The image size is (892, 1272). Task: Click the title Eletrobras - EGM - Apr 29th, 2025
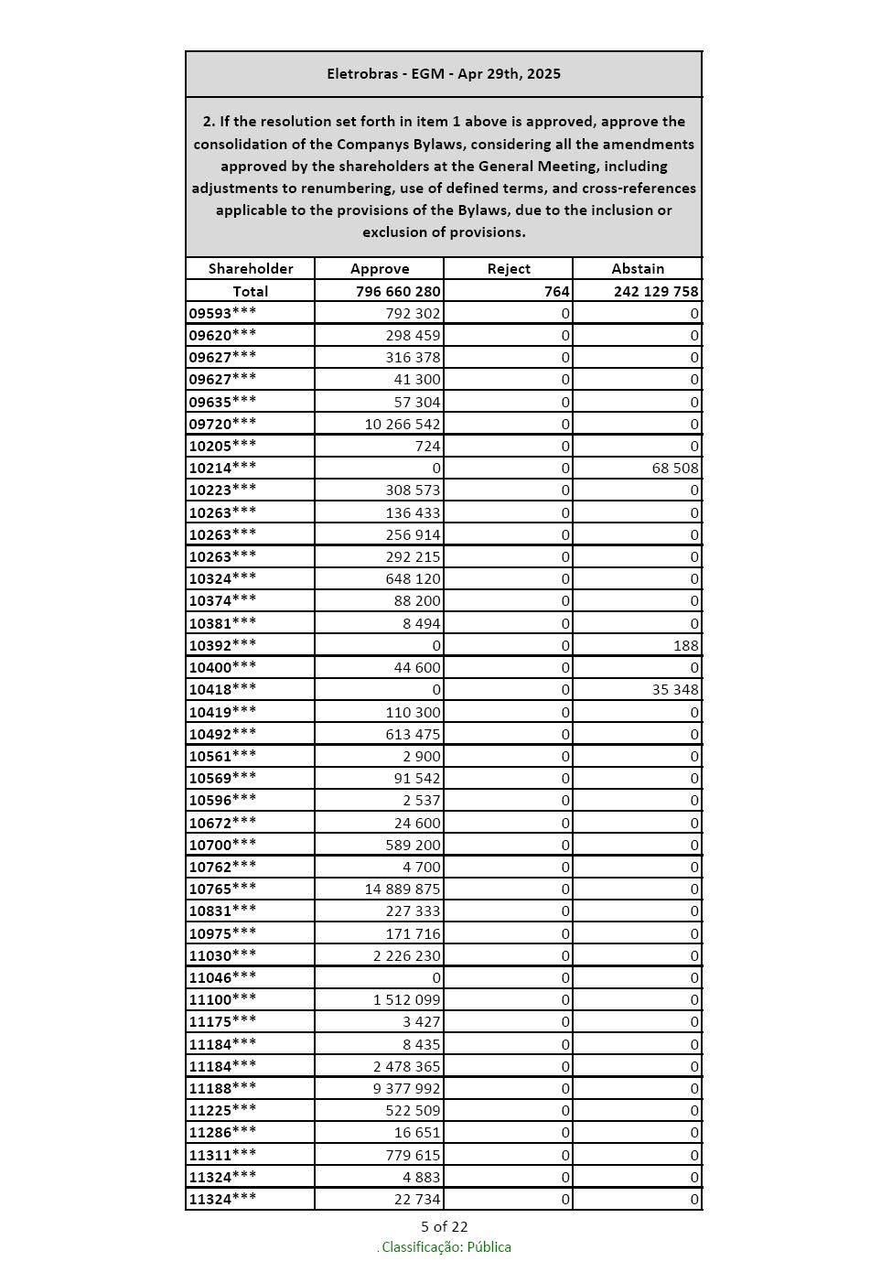[x=444, y=74]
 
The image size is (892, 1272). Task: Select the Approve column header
[x=380, y=268]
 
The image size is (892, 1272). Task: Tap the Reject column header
[x=509, y=268]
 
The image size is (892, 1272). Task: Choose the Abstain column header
[x=638, y=268]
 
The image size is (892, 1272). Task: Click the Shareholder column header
[x=251, y=268]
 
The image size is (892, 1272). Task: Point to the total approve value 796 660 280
[x=398, y=291]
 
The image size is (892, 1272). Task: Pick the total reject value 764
[x=556, y=291]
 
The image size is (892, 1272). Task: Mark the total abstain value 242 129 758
[x=655, y=291]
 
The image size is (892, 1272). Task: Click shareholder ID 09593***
[x=222, y=313]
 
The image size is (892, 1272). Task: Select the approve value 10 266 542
[x=403, y=424]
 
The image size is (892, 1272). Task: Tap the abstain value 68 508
[x=675, y=468]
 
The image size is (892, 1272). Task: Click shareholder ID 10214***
[x=222, y=468]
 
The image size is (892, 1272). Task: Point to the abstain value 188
[x=685, y=645]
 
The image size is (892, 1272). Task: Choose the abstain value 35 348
[x=675, y=689]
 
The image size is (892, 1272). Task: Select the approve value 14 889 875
[x=403, y=889]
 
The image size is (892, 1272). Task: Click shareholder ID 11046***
[x=222, y=977]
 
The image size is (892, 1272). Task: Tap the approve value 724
[x=427, y=446]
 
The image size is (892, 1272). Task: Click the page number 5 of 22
[x=444, y=1226]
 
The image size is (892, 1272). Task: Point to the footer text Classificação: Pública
[x=446, y=1247]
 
